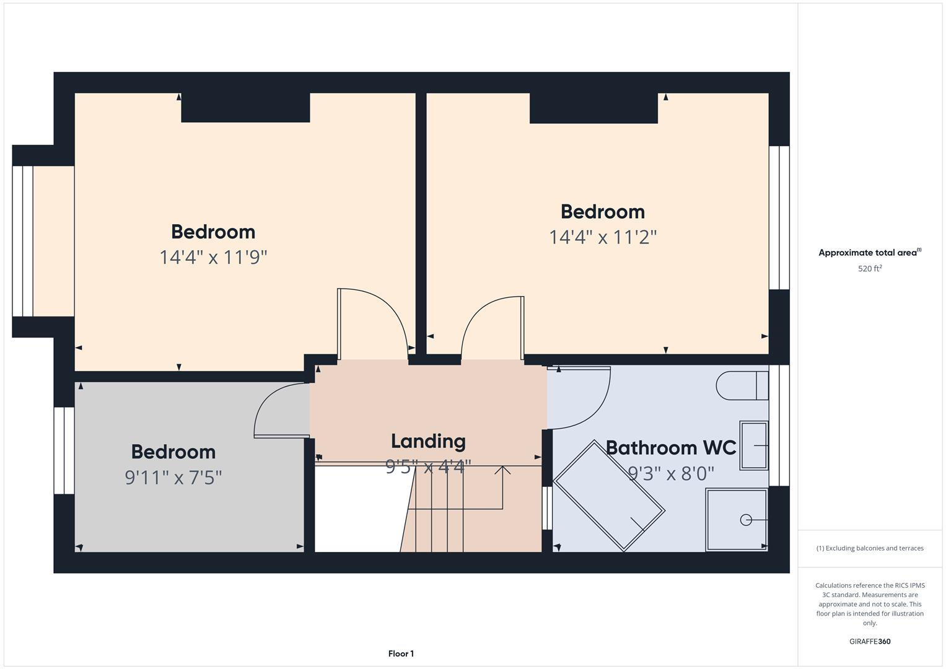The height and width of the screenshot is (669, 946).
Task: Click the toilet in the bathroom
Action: tap(741, 385)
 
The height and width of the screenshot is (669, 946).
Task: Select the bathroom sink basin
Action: tap(753, 445)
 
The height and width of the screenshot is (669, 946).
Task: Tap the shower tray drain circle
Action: tap(746, 520)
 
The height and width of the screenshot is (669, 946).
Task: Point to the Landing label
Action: tap(428, 441)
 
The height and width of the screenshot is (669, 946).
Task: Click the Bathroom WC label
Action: tap(670, 447)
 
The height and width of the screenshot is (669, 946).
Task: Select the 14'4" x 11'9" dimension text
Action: tap(213, 257)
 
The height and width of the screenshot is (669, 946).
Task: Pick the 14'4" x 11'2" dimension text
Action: tap(602, 237)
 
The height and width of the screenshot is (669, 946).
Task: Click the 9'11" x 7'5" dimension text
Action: tap(173, 478)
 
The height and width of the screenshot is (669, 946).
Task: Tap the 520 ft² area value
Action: tap(869, 269)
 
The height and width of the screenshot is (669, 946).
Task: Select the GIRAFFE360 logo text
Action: tap(869, 641)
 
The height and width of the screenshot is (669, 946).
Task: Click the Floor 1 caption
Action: tap(401, 654)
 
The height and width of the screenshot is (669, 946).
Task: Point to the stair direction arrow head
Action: tap(502, 470)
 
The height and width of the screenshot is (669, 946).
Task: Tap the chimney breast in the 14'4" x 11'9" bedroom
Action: tap(245, 108)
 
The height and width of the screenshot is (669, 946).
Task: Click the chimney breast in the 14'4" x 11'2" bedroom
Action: tap(593, 108)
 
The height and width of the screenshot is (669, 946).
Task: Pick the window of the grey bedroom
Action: tap(64, 450)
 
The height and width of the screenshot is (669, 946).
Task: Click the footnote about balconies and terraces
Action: tap(869, 548)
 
